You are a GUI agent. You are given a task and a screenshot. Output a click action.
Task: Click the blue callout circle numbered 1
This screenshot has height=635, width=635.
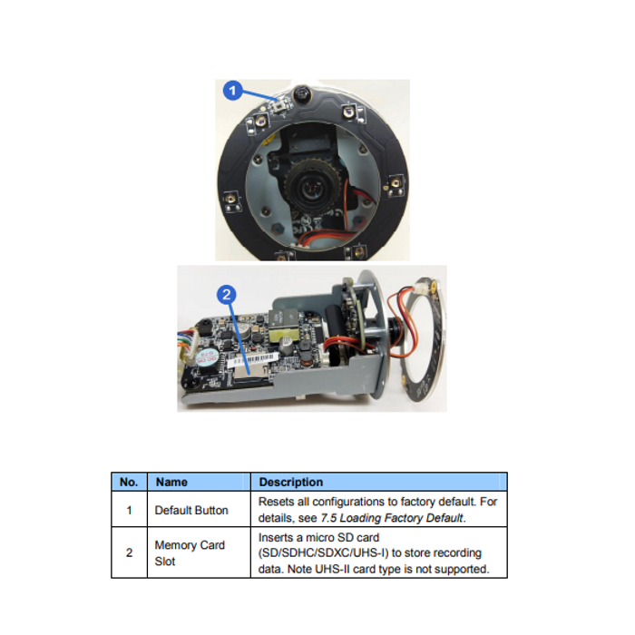coord(233,91)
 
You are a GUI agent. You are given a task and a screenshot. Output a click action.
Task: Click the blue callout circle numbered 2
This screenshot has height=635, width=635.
coord(227,295)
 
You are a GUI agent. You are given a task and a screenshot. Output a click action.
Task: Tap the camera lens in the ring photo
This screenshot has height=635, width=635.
coord(312,188)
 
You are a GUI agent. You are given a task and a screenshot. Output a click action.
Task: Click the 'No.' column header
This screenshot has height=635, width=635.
coord(129,482)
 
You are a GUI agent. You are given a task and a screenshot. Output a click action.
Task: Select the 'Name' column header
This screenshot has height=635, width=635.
coord(171,482)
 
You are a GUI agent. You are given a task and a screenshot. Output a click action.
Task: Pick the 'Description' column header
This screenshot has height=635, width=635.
coord(291,482)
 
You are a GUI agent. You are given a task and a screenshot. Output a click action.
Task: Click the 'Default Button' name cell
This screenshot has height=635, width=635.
coord(191,510)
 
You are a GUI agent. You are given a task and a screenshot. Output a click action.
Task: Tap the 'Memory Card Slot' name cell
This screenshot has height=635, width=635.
coord(190,553)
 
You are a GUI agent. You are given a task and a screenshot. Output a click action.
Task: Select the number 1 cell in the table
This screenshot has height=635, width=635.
coord(129,510)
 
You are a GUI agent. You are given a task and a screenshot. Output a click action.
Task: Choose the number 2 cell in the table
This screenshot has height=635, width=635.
coord(129,552)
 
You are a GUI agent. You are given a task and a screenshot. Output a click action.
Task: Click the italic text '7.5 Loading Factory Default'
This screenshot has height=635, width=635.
coord(392,518)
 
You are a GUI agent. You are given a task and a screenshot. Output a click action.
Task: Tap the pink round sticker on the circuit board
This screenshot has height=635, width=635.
coord(206,358)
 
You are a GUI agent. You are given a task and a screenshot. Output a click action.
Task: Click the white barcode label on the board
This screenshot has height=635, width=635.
coord(253,359)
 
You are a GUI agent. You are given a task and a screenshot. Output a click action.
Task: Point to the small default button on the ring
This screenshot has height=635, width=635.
coord(279,106)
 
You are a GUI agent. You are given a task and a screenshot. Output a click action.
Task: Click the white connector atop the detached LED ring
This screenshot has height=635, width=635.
coord(420,288)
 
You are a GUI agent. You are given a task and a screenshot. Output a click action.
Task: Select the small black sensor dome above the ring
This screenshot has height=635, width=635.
coord(301,93)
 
